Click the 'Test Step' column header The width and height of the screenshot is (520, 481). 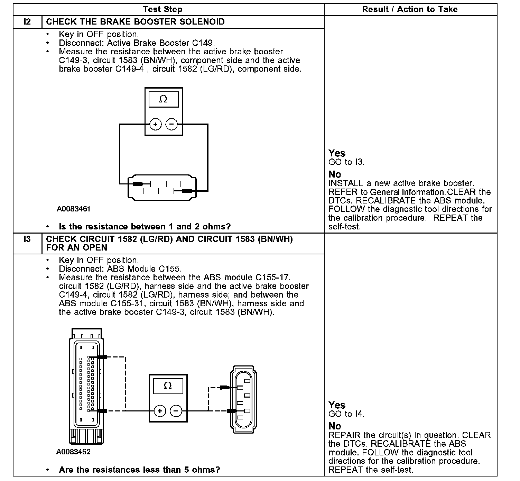[x=162, y=9]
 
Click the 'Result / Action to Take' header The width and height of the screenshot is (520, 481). [x=410, y=9]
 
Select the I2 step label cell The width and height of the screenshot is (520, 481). [x=27, y=22]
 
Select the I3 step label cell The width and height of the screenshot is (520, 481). [x=27, y=239]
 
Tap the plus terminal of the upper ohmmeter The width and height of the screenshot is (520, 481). [x=156, y=124]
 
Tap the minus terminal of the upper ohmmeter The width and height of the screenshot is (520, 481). [x=172, y=124]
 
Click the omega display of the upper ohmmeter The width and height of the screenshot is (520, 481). [x=163, y=100]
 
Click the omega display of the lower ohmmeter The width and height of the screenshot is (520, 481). [x=168, y=386]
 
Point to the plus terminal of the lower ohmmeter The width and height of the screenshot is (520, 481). [x=160, y=411]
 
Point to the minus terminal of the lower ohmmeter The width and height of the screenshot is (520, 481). [x=176, y=411]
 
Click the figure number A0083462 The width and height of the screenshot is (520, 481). [x=74, y=452]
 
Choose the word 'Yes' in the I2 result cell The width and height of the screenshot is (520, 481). [x=337, y=153]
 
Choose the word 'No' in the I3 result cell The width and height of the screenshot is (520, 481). [x=335, y=426]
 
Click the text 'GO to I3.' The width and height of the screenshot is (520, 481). [x=346, y=162]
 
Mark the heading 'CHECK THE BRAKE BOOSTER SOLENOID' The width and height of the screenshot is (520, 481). [x=135, y=22]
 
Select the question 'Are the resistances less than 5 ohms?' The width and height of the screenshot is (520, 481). [x=139, y=470]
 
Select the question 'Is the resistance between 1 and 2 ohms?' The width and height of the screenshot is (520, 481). [x=145, y=227]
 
